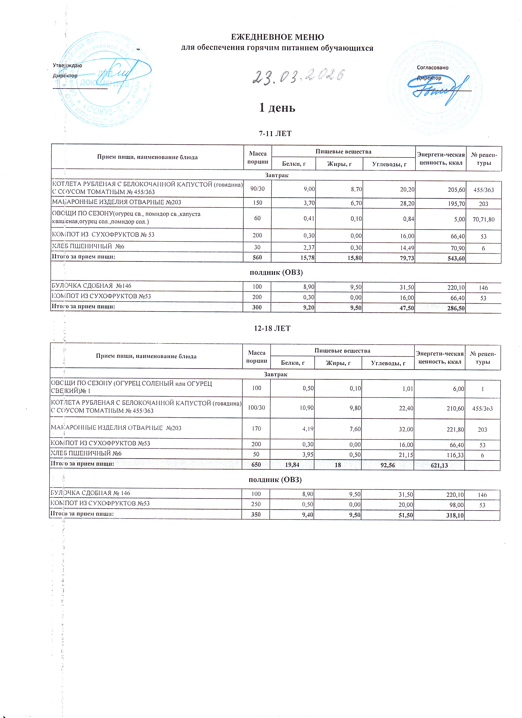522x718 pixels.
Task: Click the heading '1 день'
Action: (x=277, y=108)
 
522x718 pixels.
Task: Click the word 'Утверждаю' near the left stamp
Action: (x=67, y=65)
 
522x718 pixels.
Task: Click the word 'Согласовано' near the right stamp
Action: (x=432, y=67)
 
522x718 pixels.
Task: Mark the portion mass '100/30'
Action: (x=256, y=408)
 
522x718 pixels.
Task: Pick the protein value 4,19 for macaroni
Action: (x=306, y=429)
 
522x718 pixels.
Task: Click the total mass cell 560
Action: (x=257, y=258)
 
